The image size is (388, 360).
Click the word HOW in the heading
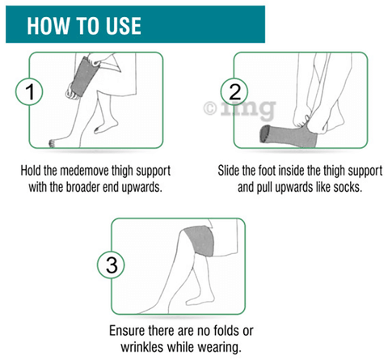point(48,26)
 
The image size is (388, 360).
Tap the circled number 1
point(29,91)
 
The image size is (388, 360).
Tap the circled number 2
point(234,91)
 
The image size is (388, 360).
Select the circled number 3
point(111,265)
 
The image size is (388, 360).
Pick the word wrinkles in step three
point(141,346)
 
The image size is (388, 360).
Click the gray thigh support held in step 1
point(83,77)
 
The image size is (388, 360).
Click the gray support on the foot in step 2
point(289,136)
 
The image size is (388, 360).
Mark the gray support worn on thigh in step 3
point(200,241)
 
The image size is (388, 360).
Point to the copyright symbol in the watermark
point(210,108)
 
